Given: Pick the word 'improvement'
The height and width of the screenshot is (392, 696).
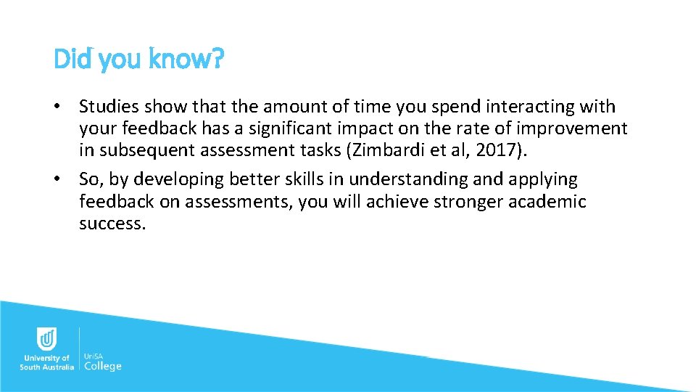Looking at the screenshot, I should click(x=576, y=128).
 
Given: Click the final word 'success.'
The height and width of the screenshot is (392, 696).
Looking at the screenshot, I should click(x=112, y=223).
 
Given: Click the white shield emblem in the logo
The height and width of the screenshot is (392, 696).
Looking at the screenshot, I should click(x=46, y=339).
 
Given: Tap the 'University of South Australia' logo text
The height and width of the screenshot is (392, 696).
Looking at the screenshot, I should click(x=46, y=362).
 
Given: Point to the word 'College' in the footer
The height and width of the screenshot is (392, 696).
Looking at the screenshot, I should click(x=103, y=366).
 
